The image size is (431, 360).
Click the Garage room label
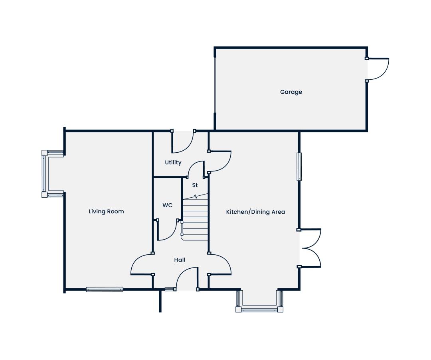(x=291, y=92)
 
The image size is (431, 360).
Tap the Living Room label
(x=106, y=211)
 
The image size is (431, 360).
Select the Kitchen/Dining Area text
(x=255, y=212)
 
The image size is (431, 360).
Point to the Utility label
(x=173, y=162)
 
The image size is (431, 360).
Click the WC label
(x=167, y=205)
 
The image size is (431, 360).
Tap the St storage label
(x=195, y=185)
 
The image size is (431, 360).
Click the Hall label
(x=180, y=260)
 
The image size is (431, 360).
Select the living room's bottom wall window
(x=105, y=289)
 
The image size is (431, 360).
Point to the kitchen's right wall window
(x=299, y=167)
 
